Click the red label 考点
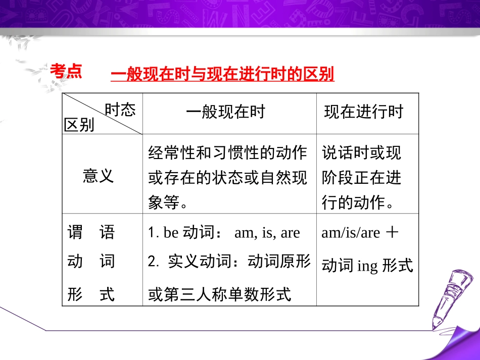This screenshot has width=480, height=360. [66, 71]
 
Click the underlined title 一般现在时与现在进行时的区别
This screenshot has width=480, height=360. [222, 75]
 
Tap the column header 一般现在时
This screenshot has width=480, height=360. [225, 112]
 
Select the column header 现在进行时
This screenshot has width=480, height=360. [364, 112]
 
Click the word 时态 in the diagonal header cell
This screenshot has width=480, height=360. [120, 110]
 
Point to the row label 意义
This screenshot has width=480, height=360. [99, 176]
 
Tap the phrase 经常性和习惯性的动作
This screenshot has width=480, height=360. [228, 152]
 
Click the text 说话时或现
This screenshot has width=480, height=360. [362, 152]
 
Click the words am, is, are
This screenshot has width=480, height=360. [267, 233]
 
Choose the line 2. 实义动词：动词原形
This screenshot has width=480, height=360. [229, 261]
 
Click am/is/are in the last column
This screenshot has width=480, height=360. [350, 233]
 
